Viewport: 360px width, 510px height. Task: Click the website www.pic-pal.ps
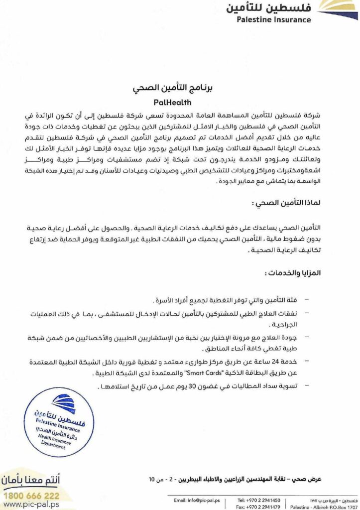tap(31, 505)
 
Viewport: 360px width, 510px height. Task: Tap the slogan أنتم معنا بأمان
tap(32, 482)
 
